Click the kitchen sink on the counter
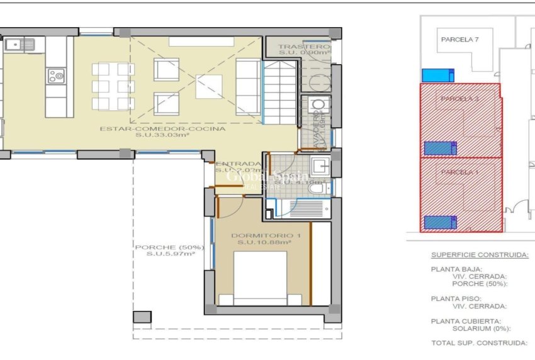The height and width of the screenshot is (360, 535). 21,44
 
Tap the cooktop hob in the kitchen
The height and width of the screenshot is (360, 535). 55,76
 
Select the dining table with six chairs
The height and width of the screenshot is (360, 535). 113,86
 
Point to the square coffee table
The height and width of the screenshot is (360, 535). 208,86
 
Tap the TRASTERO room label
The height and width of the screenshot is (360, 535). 304,47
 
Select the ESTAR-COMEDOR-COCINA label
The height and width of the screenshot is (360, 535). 162,128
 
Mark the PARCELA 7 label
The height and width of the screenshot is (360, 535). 459,39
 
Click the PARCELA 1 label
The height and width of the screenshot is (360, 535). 459,172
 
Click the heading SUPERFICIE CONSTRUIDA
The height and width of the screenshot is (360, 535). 479,255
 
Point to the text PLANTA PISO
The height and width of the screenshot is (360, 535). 456,298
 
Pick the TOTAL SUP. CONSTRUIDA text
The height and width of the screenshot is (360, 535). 478,343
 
